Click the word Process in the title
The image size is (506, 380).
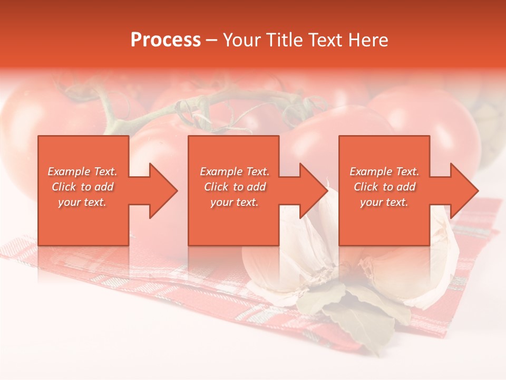(x=166, y=40)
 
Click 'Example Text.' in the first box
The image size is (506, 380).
(x=82, y=172)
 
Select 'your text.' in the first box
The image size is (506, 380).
(x=82, y=202)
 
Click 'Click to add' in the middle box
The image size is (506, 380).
(x=235, y=187)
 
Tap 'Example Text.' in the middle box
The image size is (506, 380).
(x=235, y=172)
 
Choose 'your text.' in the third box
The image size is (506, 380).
(x=384, y=202)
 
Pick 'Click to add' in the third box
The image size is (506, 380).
(x=384, y=187)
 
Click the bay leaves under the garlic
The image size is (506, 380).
(x=358, y=311)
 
